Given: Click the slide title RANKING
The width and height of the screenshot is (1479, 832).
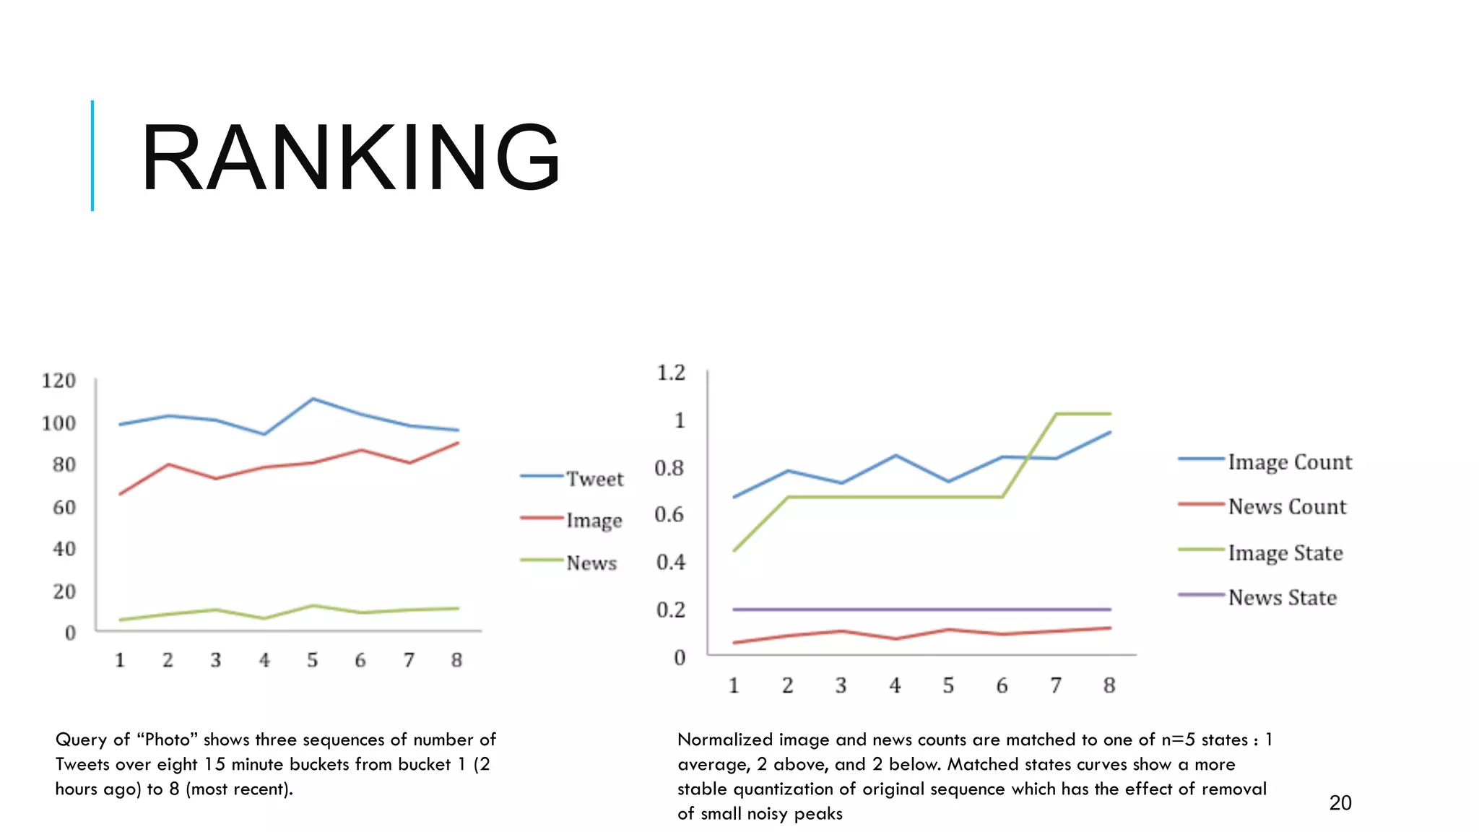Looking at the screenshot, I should pos(351,157).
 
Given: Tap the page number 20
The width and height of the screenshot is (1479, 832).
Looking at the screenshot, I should pos(1340,802).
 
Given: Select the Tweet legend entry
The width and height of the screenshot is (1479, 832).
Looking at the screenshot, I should pos(594,479).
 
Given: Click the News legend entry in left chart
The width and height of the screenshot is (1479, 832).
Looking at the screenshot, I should pos(591,563).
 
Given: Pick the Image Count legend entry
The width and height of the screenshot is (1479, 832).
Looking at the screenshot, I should pos(1289,462).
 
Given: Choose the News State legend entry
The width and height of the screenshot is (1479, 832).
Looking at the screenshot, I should pos(1282,597).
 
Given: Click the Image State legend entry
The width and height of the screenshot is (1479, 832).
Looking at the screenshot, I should pos(1285,553).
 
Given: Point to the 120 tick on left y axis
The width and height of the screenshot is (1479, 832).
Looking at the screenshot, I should pos(58,381).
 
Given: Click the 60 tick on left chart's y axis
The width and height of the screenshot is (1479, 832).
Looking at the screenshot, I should pos(64,507).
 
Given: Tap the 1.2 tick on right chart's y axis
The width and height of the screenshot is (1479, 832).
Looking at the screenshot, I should pos(670,373).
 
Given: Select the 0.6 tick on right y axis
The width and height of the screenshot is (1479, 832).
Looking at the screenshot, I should pos(669,514).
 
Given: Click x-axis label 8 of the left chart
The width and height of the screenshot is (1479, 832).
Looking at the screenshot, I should pos(456,659).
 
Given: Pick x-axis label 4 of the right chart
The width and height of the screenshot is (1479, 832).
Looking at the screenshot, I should pos(895,685).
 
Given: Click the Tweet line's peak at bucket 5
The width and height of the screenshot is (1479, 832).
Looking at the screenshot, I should pos(312,399).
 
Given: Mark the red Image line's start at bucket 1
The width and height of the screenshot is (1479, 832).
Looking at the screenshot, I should pos(120,494).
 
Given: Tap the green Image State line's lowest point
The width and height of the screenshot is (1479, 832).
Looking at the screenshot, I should pos(734,551).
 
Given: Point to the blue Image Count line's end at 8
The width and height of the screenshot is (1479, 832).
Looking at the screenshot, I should pos(1109,432).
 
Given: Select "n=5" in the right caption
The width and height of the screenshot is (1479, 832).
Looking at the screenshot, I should pos(1178,740).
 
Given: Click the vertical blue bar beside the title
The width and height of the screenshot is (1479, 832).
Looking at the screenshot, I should pos(92,155).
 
